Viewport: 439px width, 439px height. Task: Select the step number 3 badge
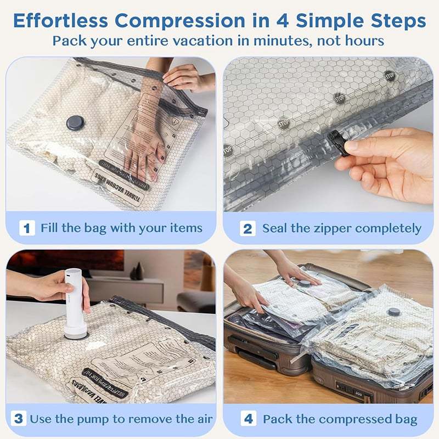coord(19,419)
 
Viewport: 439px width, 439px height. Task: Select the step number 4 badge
coord(248,419)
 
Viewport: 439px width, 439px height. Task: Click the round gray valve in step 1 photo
coord(75,123)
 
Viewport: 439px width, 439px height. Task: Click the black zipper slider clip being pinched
coord(336,144)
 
